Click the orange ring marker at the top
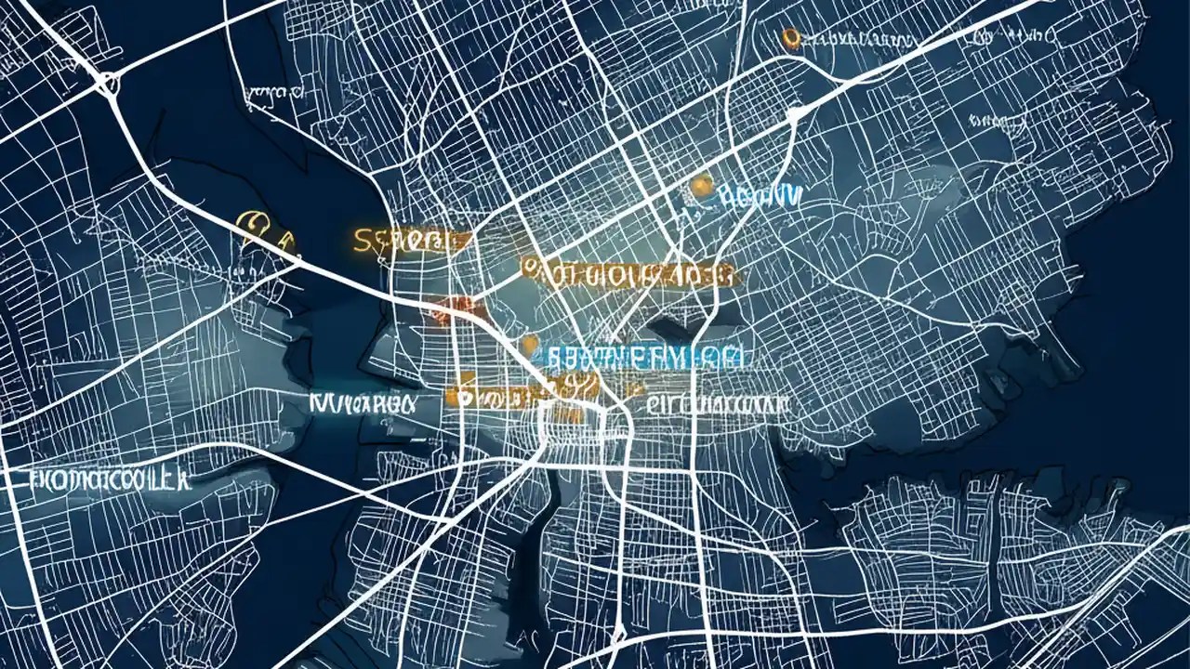point(791,38)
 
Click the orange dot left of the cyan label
point(531,345)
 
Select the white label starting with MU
point(360,403)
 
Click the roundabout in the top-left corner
point(107,85)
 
